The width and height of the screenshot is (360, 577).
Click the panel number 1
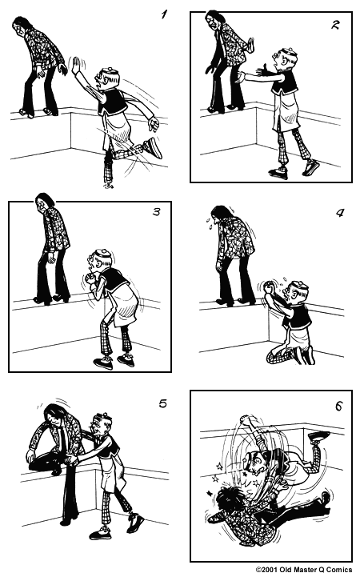[x=164, y=14]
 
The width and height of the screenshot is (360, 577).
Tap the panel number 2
[x=334, y=26]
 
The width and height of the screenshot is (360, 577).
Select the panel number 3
[x=155, y=216]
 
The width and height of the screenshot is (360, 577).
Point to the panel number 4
[x=338, y=214]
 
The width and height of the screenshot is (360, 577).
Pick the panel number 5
[x=162, y=403]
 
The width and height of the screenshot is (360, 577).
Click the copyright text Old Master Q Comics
[x=303, y=570]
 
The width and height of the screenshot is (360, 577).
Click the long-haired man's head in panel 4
[x=220, y=217]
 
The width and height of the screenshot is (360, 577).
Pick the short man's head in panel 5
[x=101, y=424]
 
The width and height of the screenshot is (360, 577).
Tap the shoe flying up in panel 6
[x=318, y=436]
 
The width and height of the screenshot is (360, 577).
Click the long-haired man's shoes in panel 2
[x=224, y=106]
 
